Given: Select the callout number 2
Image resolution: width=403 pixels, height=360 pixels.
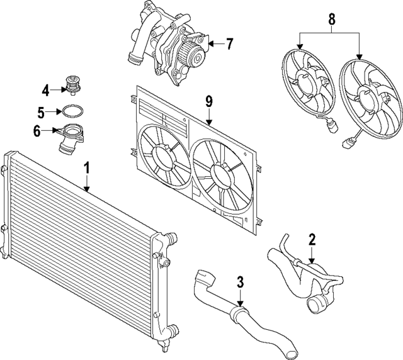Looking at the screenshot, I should [312, 240].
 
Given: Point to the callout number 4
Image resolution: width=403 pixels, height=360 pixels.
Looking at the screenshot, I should [46, 89].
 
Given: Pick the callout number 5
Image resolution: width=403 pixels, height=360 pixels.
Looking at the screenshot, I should [41, 113].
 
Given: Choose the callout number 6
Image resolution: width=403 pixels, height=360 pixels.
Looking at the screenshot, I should [37, 131].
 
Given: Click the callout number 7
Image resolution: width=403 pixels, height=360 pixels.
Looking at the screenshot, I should [229, 44].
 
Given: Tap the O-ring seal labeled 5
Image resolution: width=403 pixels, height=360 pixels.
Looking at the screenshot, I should [70, 113].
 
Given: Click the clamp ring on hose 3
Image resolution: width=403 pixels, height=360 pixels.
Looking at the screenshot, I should [237, 311].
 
